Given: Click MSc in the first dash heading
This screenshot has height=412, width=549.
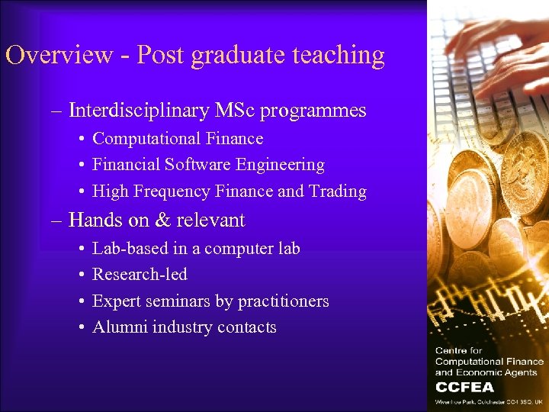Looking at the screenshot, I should pos(234,111).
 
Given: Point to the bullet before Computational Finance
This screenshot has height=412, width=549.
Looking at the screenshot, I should pos(81,139).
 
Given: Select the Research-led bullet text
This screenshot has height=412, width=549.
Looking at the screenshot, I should pos(140,275).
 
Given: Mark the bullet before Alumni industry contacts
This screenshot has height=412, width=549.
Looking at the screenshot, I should pos(81,328).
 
